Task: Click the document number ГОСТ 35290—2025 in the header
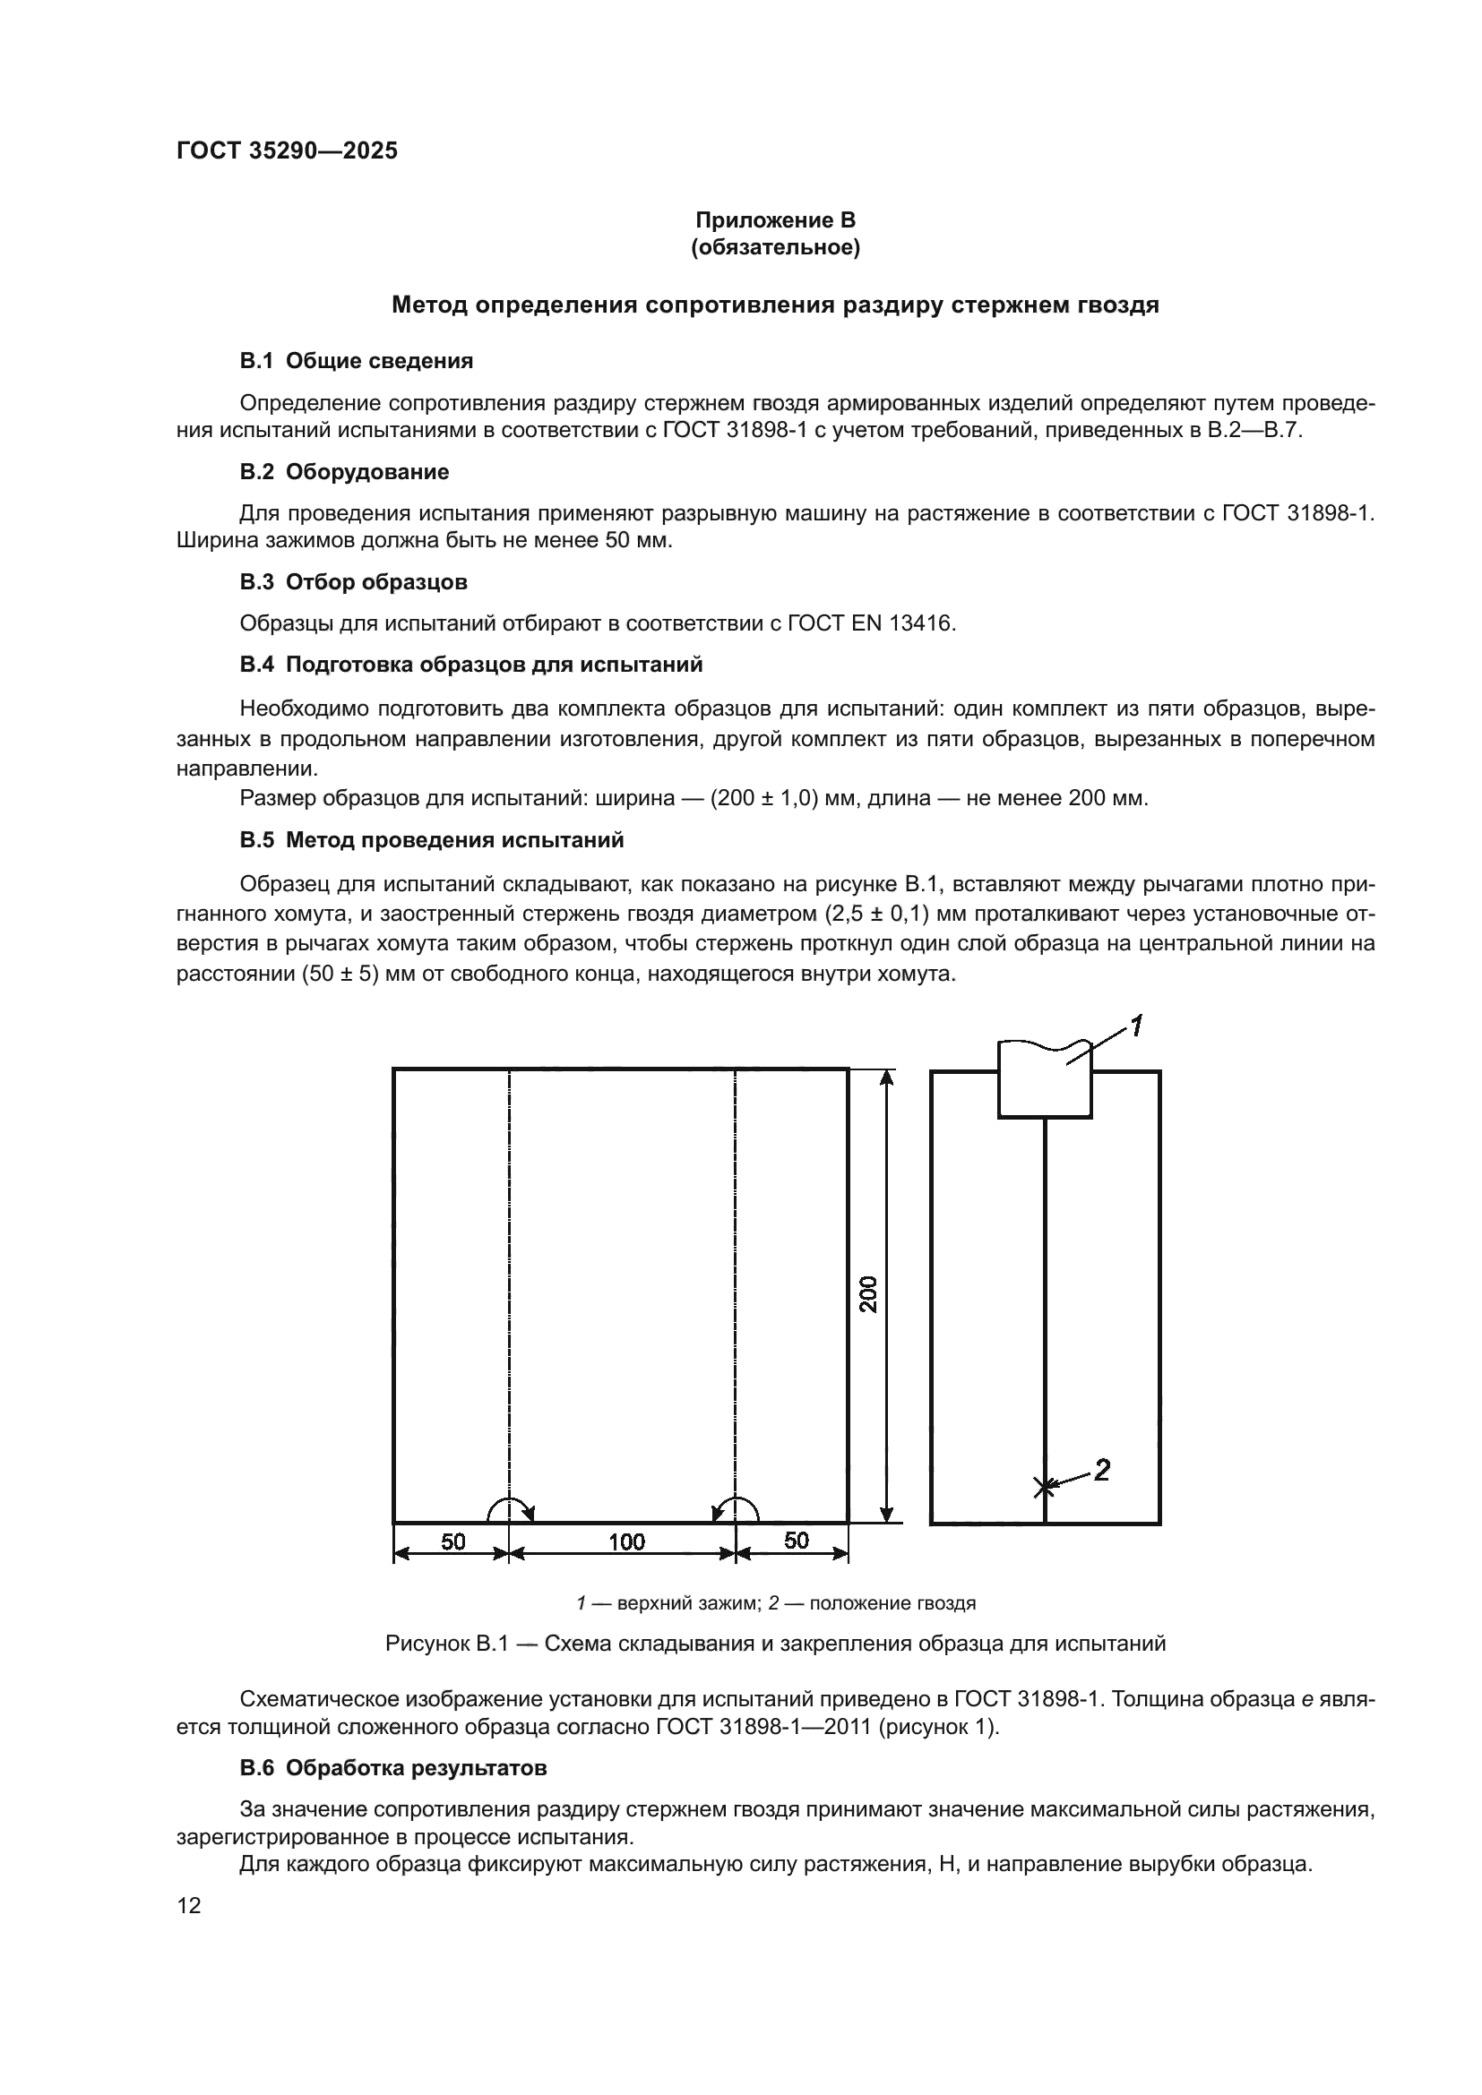(x=287, y=150)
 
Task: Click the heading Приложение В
(x=775, y=220)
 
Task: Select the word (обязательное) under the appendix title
(x=775, y=247)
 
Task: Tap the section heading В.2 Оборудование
(x=344, y=472)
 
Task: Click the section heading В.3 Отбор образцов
(x=353, y=581)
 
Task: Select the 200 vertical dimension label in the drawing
(x=869, y=1293)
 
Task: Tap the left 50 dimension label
(x=452, y=1541)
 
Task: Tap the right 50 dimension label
(x=796, y=1541)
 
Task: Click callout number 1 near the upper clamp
(x=1137, y=1026)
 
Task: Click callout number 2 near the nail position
(x=1102, y=1470)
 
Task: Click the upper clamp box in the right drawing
(x=1044, y=1084)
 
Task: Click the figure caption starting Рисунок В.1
(x=775, y=1644)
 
